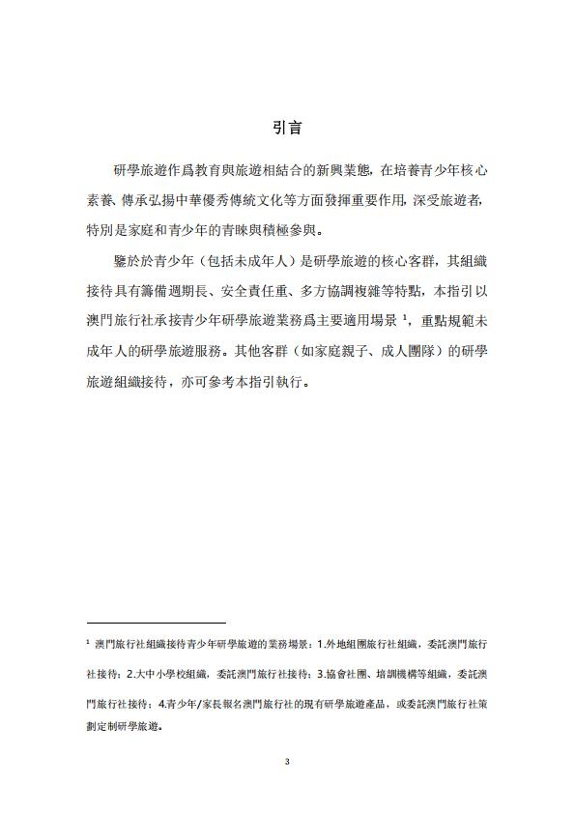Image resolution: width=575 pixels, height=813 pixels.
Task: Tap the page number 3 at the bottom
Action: tap(287, 761)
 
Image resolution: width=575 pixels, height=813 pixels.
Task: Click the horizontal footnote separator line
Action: tap(156, 624)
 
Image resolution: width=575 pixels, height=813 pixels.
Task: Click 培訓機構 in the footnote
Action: tap(394, 674)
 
